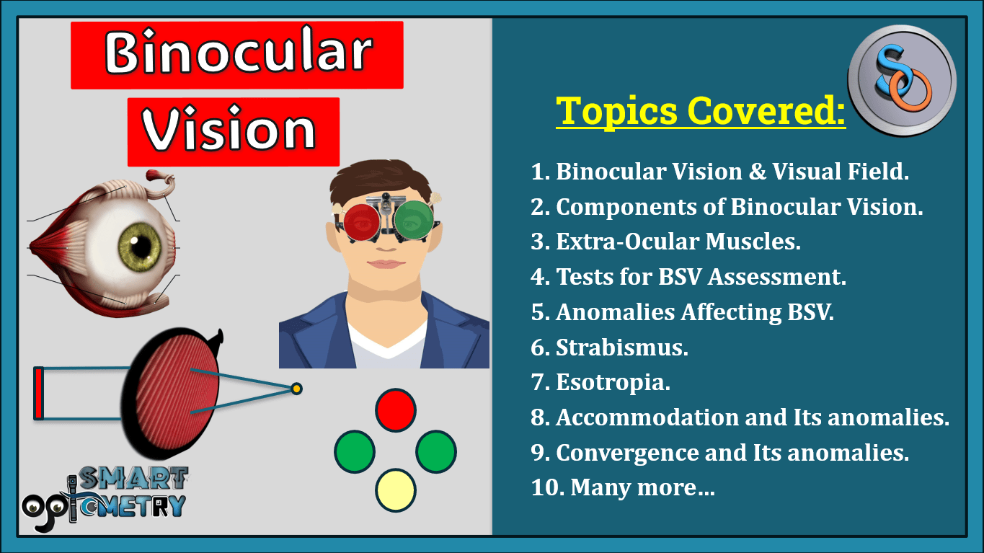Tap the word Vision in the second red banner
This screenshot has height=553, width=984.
point(229,128)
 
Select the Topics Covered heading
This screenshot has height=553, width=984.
point(701,111)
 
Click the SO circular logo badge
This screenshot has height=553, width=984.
point(902,80)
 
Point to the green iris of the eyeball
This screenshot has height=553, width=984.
point(140,247)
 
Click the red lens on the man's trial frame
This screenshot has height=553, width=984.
point(362,222)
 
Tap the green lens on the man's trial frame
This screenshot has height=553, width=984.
point(413,220)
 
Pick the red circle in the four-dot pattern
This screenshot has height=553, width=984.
point(395,410)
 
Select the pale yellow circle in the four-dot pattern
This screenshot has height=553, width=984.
point(395,490)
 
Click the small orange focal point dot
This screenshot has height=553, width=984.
point(296,389)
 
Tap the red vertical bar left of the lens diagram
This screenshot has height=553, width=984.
point(39,393)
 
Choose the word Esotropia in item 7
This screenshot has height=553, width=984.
point(613,383)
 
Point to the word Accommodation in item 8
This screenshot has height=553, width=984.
point(647,417)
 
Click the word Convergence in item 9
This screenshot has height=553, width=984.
point(627,453)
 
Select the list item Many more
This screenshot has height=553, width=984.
point(623,487)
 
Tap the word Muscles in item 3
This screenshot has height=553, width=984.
point(753,241)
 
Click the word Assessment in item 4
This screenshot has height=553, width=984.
point(777,277)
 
